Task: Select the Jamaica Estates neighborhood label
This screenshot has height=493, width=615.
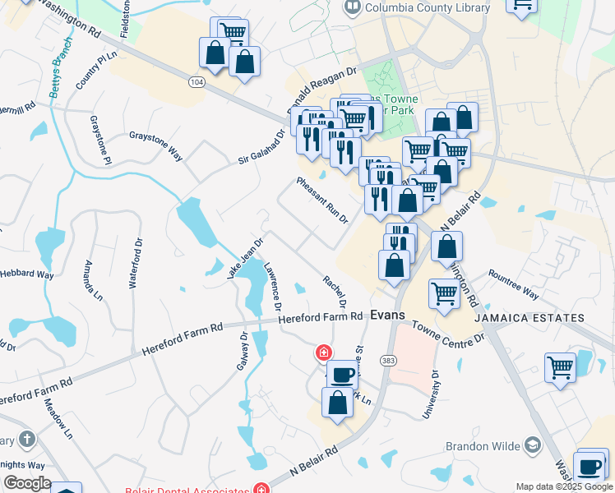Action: pos(539,318)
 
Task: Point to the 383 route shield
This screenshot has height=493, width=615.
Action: pos(389,360)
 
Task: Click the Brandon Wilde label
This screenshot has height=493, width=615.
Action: pos(483,446)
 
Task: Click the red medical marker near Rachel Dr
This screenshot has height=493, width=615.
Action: pos(324,352)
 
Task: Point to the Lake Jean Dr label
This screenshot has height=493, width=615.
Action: pos(244,259)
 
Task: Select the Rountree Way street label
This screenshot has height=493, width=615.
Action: pos(513,284)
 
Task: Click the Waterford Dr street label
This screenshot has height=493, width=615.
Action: pos(132,264)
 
